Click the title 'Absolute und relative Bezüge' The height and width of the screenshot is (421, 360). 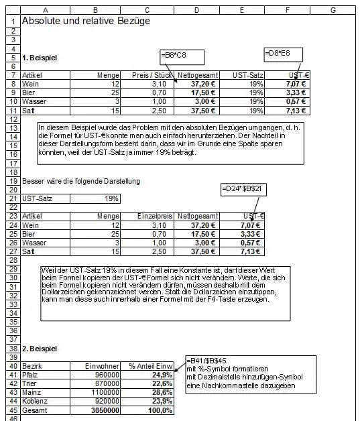pyautogui.click(x=86, y=21)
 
